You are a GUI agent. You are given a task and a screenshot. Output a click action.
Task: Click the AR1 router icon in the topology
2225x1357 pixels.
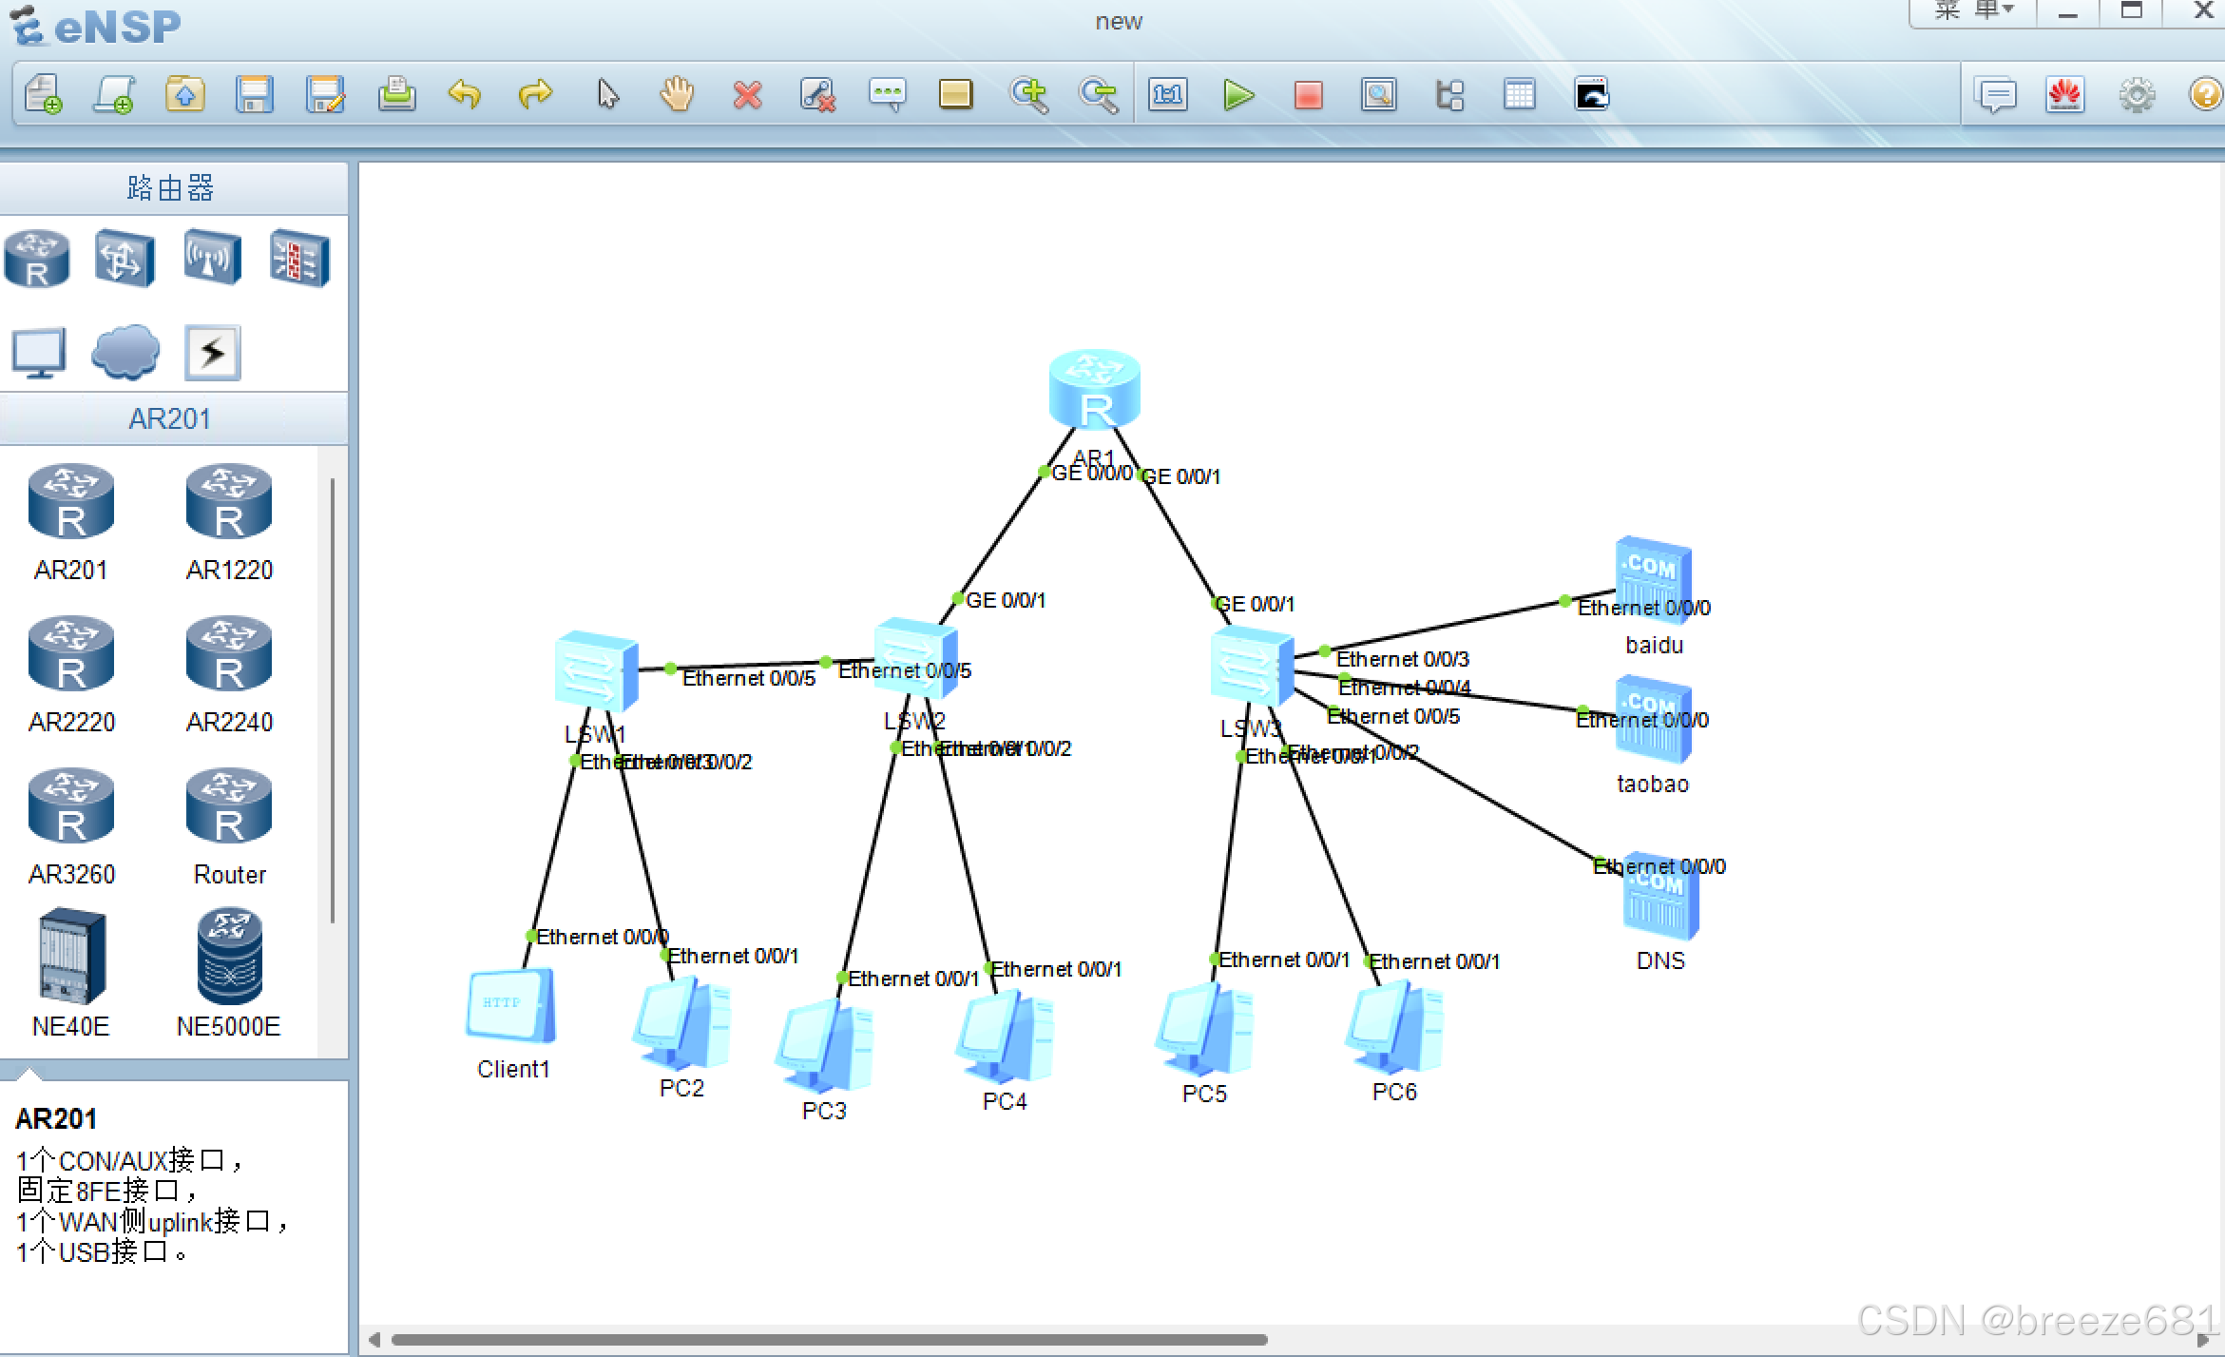[1094, 389]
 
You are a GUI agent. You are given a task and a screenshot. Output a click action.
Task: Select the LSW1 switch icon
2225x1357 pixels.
[595, 670]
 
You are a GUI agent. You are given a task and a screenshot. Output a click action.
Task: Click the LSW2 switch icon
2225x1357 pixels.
[914, 658]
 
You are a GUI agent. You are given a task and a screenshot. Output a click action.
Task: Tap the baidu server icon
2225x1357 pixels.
[1653, 579]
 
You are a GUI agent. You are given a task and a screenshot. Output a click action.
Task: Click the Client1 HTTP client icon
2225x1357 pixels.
[510, 1006]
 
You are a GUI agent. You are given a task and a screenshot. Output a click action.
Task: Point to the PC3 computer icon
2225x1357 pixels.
[824, 1047]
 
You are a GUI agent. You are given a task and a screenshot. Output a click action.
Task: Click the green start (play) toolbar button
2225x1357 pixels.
[1238, 95]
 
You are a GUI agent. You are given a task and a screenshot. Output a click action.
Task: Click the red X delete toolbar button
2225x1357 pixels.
[747, 95]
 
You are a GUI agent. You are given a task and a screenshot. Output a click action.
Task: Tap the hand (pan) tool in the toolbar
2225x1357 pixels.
[677, 95]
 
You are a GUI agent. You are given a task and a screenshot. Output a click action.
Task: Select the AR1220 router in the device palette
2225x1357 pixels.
[229, 501]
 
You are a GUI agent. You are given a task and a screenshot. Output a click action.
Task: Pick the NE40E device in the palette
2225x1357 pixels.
[71, 957]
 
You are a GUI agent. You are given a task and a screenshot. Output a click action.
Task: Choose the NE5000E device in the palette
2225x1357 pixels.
[229, 957]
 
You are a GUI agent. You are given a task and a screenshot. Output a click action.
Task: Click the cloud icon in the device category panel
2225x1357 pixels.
[125, 352]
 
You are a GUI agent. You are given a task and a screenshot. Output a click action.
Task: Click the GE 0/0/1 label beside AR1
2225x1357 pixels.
[1180, 476]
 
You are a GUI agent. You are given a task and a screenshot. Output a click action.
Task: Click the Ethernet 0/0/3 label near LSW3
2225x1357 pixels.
[1402, 659]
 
